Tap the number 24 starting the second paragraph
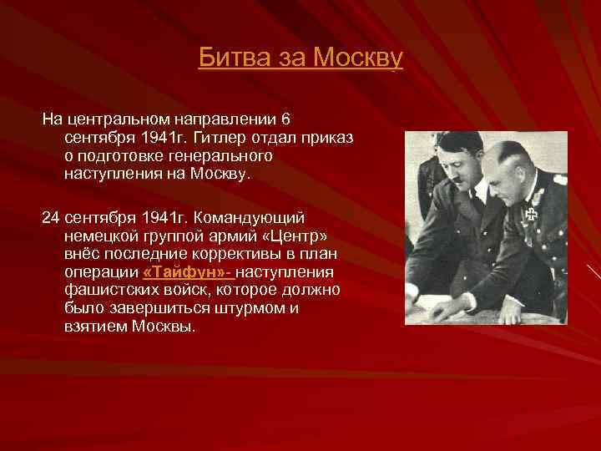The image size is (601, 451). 52,216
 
